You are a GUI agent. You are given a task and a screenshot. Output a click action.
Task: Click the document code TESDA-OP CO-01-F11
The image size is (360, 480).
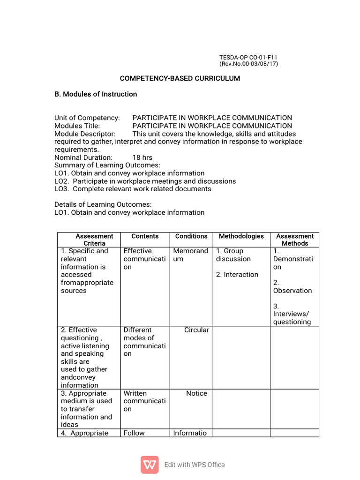248,57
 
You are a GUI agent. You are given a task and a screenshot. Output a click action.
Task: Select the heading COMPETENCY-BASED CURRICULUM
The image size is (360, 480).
180,78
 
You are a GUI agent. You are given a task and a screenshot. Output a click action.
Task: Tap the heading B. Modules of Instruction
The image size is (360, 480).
96,94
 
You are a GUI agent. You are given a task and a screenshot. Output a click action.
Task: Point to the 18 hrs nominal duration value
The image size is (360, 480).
142,157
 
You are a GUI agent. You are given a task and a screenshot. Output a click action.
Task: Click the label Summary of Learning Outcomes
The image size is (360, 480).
107,165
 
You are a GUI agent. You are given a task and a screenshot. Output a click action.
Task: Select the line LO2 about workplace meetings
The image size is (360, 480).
145,181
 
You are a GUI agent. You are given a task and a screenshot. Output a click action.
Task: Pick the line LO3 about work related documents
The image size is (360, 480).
133,189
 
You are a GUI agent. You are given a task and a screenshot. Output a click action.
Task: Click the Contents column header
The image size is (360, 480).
145,236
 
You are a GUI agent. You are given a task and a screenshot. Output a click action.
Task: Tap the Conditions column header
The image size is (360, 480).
191,236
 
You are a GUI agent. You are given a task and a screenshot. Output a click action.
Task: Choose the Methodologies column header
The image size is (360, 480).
241,236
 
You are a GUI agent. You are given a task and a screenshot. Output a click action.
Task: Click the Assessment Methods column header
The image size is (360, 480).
295,240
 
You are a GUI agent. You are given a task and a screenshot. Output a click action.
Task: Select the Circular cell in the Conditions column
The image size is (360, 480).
196,330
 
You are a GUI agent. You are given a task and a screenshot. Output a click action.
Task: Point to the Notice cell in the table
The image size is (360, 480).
196,393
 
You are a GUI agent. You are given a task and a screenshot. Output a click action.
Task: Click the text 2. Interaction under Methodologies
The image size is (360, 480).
237,275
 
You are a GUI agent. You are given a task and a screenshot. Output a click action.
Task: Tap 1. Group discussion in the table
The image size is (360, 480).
233,255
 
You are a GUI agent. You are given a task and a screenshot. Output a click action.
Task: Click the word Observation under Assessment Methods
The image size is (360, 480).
292,291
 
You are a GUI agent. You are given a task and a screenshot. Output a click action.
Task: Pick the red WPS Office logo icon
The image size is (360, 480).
150,465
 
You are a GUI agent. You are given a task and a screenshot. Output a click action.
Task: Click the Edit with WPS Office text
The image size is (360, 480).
195,465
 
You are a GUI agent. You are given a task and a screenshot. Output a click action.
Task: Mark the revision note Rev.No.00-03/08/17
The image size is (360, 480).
249,64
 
